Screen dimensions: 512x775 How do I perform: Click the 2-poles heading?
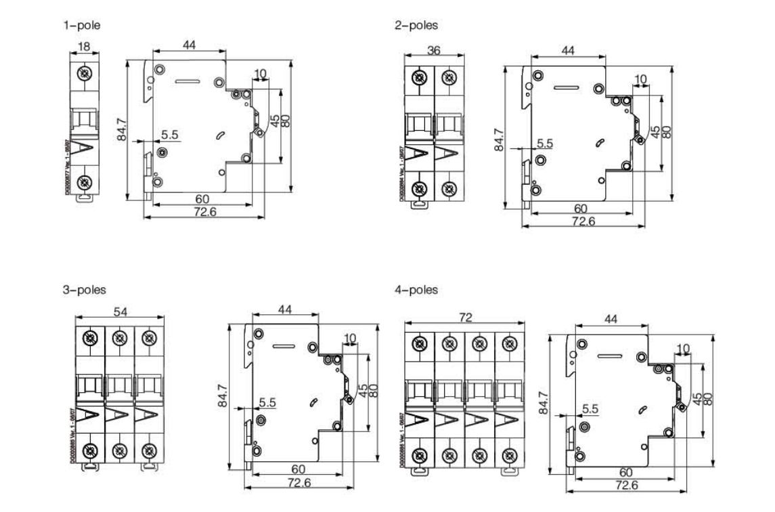tap(416, 26)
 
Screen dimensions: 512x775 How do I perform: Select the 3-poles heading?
tap(84, 290)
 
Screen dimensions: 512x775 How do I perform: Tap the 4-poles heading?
tap(416, 290)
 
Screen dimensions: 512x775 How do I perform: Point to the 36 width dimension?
tap(434, 49)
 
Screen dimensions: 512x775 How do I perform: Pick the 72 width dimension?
tap(466, 317)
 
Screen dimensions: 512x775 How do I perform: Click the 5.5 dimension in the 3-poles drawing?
tap(267, 402)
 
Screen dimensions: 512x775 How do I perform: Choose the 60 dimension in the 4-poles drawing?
tap(626, 472)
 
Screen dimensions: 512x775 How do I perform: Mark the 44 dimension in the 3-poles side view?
tap(286, 309)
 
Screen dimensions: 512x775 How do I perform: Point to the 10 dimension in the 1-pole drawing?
tap(260, 73)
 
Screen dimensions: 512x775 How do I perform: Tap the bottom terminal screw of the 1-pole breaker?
tap(85, 182)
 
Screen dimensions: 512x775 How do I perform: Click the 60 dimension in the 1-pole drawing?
tap(202, 199)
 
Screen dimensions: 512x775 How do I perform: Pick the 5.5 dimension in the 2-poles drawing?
tap(545, 144)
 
